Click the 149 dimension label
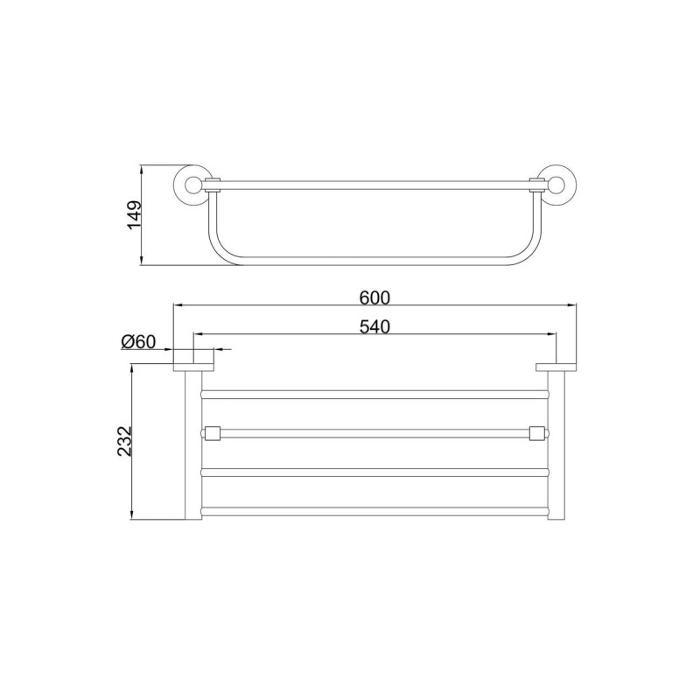(x=135, y=215)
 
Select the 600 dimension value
(x=375, y=297)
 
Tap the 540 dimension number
(x=375, y=326)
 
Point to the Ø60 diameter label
(x=138, y=342)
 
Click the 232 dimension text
(x=124, y=442)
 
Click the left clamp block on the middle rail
(x=213, y=433)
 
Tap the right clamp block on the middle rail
(x=536, y=433)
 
